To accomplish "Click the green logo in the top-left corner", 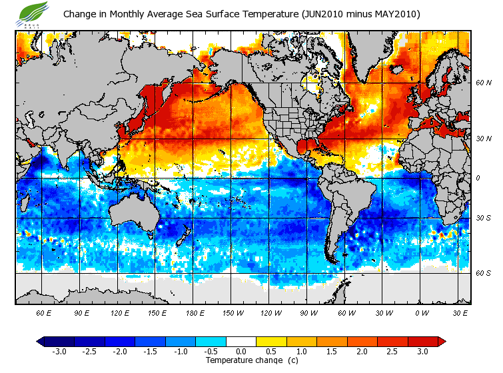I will pos(35,14).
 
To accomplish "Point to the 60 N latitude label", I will pos(483,83).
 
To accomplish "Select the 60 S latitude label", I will pos(483,273).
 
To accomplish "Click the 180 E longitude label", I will pos(195,312).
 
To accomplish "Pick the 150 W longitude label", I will pos(232,312).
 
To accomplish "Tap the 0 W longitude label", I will pos(421,312).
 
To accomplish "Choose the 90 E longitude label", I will pos(81,312).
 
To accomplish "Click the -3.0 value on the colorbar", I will pos(59,352).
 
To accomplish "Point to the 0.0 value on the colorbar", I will pos(242,352).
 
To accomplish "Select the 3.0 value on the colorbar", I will pos(423,352).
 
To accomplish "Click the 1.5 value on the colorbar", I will pos(332,352).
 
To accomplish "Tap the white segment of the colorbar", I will pos(242,342).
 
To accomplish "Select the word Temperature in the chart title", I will pos(211,14).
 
